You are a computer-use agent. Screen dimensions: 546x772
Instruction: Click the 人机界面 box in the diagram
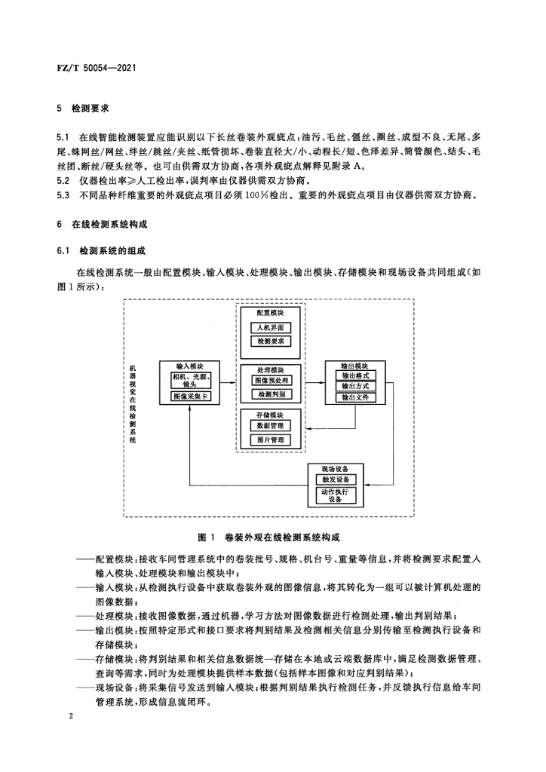[x=271, y=327]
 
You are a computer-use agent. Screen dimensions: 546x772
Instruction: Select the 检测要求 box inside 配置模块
[x=271, y=342]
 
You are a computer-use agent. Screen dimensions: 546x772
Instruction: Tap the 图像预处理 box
[x=271, y=381]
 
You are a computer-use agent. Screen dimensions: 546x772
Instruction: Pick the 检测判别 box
[x=271, y=394]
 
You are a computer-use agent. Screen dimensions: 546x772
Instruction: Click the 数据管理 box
[x=271, y=426]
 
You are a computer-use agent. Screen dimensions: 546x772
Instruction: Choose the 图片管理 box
[x=271, y=440]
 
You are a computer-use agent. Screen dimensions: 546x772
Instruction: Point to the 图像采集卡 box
[x=190, y=397]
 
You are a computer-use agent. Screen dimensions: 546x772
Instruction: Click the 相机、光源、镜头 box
[x=190, y=380]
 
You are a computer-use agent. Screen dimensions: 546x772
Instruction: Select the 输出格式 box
[x=355, y=375]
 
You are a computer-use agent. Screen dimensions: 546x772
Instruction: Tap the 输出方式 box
[x=355, y=387]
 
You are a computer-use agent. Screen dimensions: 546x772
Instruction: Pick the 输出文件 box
[x=355, y=397]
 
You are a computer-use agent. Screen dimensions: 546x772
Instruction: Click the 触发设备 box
[x=336, y=479]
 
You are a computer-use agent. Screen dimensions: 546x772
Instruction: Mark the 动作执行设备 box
[x=336, y=496]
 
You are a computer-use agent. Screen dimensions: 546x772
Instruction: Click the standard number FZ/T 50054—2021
[x=97, y=67]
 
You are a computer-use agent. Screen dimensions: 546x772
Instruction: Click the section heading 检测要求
[x=90, y=109]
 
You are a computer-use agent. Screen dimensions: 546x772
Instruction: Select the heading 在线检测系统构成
[x=109, y=225]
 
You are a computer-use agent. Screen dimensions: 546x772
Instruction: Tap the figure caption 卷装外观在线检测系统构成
[x=282, y=537]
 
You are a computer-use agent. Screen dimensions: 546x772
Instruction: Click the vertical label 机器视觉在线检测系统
[x=133, y=404]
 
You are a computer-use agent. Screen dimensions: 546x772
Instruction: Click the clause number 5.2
[x=63, y=180]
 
